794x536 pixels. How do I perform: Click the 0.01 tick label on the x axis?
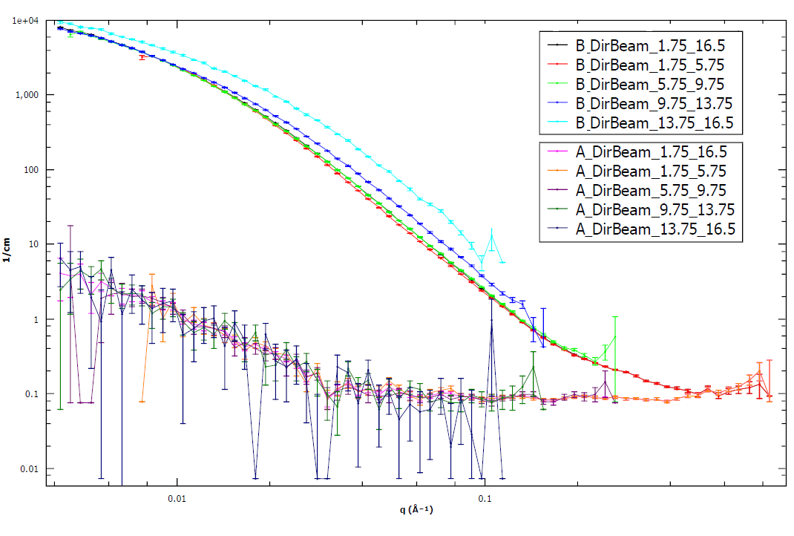click(177, 499)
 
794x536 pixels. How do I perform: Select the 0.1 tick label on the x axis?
click(485, 499)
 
